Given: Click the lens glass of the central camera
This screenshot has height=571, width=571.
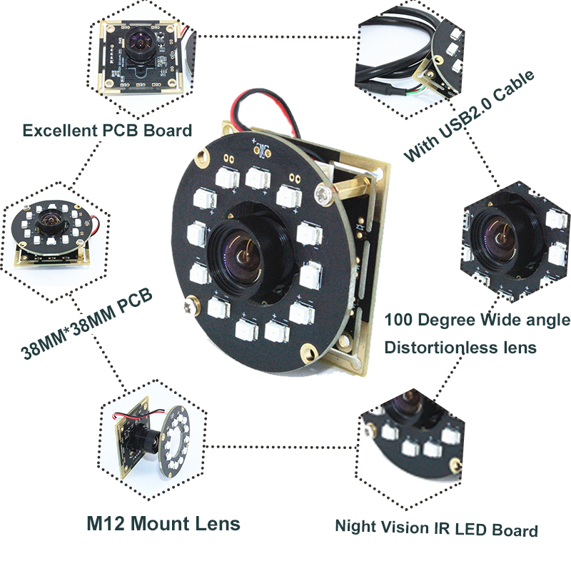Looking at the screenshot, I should (246, 261).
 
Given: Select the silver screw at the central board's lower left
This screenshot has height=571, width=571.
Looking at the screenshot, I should (191, 304).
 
